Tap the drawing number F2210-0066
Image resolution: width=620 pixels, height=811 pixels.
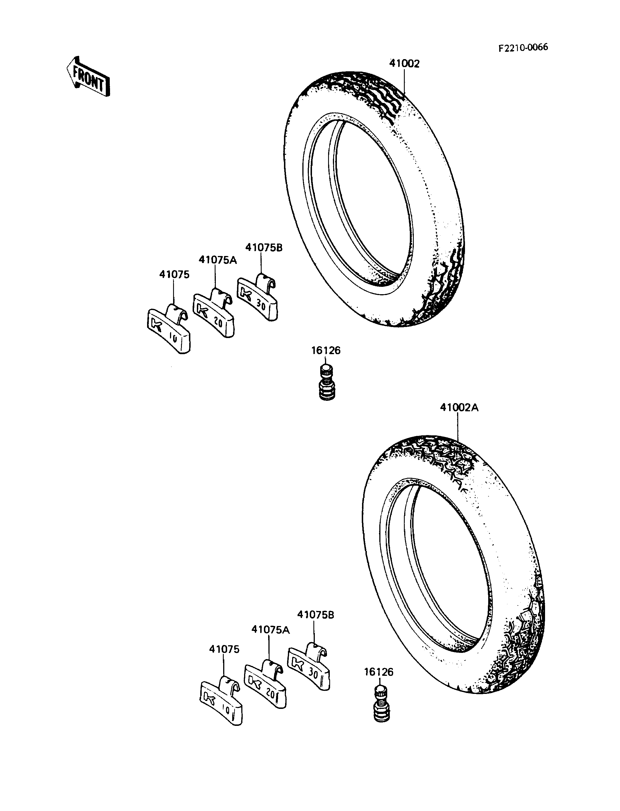pyautogui.click(x=523, y=48)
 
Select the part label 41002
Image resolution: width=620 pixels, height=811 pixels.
pyautogui.click(x=404, y=64)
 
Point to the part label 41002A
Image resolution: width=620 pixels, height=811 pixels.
pyautogui.click(x=459, y=408)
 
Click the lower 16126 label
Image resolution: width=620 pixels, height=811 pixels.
pyautogui.click(x=379, y=672)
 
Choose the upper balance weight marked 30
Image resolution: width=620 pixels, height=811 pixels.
pyautogui.click(x=258, y=296)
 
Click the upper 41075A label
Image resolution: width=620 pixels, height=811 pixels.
pyautogui.click(x=218, y=260)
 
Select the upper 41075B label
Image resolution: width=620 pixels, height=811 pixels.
pyautogui.click(x=264, y=248)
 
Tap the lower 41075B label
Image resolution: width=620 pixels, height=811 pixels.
pyautogui.click(x=316, y=615)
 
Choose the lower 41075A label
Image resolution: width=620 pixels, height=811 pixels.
pyautogui.click(x=270, y=629)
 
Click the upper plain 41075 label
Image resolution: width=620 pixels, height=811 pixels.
pyautogui.click(x=174, y=274)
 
